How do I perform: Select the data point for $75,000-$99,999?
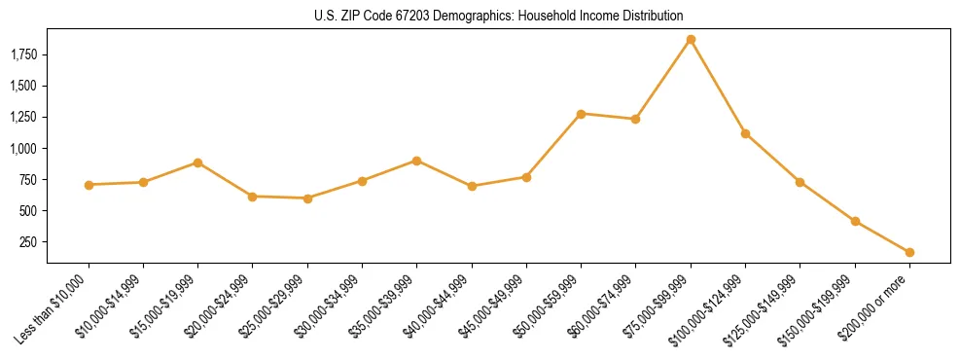click(691, 40)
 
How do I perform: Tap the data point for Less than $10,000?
click(89, 185)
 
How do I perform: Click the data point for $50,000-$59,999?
click(581, 114)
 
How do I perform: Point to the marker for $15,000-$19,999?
click(198, 162)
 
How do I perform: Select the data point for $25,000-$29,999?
click(307, 198)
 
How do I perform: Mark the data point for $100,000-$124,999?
click(745, 133)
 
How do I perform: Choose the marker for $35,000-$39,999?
click(417, 161)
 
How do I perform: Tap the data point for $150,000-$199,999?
click(855, 221)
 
